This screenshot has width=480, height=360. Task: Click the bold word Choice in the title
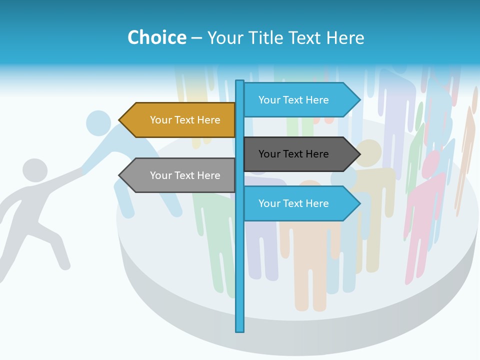coord(156,37)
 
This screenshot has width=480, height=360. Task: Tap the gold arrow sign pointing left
coord(177,120)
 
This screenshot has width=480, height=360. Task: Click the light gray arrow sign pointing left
coord(177,175)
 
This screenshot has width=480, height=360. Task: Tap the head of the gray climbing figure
coord(35,170)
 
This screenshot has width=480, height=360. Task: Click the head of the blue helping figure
coord(98,122)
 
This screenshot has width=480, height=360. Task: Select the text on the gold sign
coord(185,120)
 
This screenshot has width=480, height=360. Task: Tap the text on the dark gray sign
coord(293,154)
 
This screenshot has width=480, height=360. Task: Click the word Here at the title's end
coord(345,37)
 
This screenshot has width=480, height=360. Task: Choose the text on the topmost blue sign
coord(293,100)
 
